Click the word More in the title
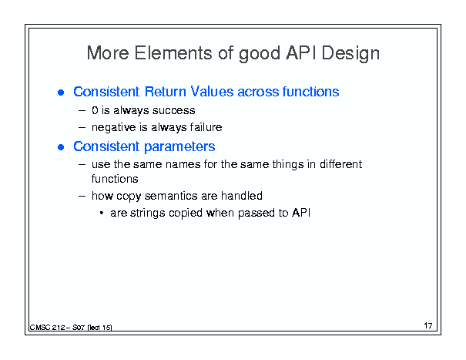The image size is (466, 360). tap(108, 53)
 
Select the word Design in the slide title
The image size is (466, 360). tap(350, 54)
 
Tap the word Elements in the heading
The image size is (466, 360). tap(173, 53)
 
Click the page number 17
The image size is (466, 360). tap(428, 325)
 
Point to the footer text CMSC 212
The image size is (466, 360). tap(47, 328)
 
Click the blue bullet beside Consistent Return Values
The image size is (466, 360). tap(61, 93)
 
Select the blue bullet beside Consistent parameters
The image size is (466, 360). tap(61, 147)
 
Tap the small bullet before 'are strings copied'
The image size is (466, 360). tap(102, 213)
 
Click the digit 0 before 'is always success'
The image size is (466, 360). tap(95, 110)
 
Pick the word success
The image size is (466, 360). tap(173, 111)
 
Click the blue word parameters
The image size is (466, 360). tap(179, 146)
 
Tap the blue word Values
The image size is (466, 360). tap(212, 91)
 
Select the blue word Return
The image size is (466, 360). tap(166, 91)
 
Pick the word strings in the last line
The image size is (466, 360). tap(147, 214)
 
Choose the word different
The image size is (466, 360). tap(341, 164)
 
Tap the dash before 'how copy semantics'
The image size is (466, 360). tap(82, 196)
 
